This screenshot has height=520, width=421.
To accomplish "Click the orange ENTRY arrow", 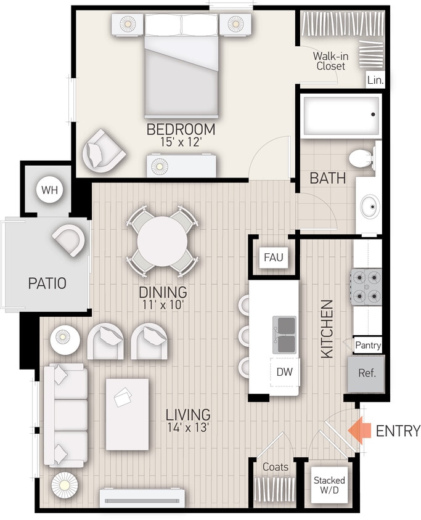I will coord(359,430).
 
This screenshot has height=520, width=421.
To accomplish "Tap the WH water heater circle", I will coord(49,189).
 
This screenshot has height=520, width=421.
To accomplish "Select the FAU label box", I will coord(273,257).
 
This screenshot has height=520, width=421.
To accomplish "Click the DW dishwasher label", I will coord(285,372).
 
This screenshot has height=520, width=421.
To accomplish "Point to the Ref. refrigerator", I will coord(367,373).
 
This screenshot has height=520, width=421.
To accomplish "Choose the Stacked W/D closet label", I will coord(329,485).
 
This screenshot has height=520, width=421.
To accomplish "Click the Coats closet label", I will coord(275,467).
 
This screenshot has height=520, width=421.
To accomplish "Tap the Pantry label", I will coord(368,346).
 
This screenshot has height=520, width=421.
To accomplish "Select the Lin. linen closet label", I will coord(375,80).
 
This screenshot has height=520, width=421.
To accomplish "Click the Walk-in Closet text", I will coord(330,60).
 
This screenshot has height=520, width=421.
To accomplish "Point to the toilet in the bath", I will coord(362,158).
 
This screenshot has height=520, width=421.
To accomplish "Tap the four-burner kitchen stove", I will coord(366,286).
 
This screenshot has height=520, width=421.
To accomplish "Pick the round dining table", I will coord(162,240).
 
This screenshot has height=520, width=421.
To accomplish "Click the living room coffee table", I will coord(128,413).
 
